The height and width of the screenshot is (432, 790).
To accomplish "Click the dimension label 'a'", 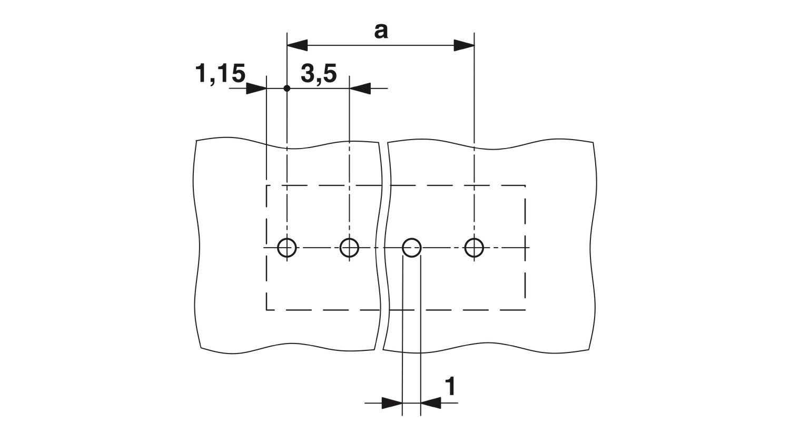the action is [x=381, y=32].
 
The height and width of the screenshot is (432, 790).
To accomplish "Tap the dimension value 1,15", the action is [x=221, y=74].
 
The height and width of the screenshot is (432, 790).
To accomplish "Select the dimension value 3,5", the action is [x=319, y=74].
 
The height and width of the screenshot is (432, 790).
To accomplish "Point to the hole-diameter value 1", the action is [x=450, y=387].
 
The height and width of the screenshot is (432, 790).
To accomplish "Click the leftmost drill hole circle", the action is [x=278, y=248].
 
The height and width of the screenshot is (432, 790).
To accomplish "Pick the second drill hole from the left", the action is [x=340, y=248].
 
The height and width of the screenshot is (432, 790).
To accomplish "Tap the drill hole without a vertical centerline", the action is [x=403, y=248].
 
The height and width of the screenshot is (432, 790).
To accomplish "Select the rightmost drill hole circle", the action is [x=465, y=248].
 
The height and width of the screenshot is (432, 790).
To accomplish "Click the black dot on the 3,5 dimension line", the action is [x=287, y=88].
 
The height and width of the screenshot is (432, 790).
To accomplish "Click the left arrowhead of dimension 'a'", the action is [x=298, y=45].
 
